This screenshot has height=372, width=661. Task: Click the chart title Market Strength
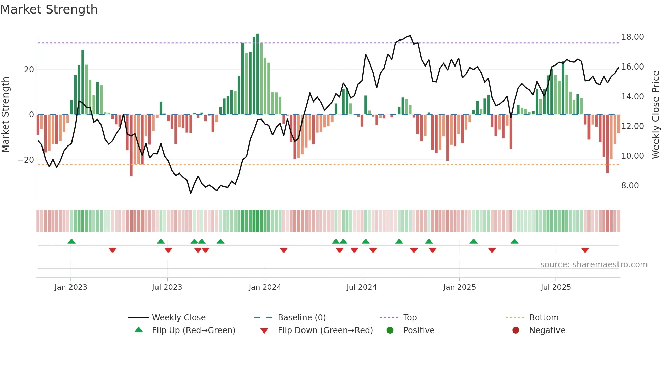tap(49, 9)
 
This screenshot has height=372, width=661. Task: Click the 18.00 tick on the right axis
tap(632, 37)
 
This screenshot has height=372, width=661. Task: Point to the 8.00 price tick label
tap(630, 186)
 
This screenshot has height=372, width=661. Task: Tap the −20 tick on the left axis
tap(26, 160)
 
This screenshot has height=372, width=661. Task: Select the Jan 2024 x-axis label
tap(265, 287)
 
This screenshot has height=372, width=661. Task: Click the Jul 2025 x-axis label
tap(555, 287)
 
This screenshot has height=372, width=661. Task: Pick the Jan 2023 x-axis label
tap(71, 287)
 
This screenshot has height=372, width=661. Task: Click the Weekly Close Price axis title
tap(655, 114)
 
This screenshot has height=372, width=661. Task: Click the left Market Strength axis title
tap(5, 114)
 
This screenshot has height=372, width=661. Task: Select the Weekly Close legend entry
tap(179, 318)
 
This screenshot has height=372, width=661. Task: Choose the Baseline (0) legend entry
tap(301, 318)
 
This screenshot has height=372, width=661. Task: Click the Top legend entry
tap(410, 318)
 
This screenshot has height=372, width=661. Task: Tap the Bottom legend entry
tap(544, 318)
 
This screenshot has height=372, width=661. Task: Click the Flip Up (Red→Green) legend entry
tap(193, 330)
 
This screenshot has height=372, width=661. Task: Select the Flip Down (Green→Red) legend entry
tap(325, 330)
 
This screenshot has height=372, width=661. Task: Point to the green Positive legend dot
tap(390, 330)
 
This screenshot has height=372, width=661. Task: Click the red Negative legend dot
tap(516, 330)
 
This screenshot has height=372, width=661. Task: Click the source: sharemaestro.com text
tap(594, 265)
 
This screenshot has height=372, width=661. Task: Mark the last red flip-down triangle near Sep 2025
tap(585, 250)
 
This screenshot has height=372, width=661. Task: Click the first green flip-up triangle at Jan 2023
tap(71, 241)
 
